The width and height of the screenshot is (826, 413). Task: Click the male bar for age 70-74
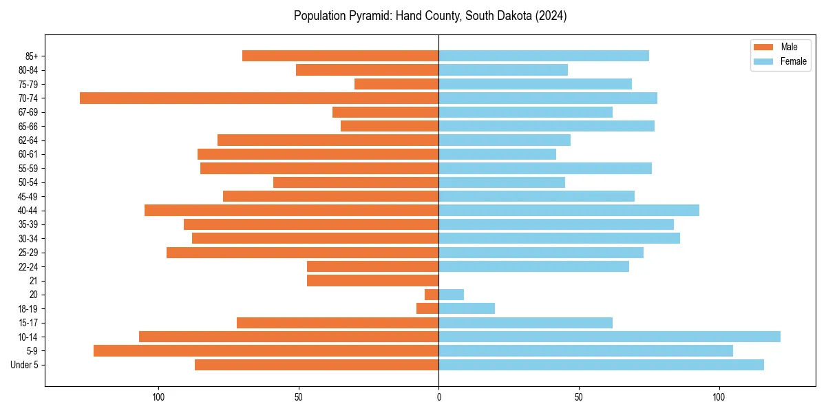click(259, 98)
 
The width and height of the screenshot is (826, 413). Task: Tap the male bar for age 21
click(372, 281)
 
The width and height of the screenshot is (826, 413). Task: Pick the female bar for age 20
click(451, 295)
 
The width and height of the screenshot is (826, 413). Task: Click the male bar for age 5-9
click(266, 351)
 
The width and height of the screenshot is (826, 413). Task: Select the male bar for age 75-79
click(396, 84)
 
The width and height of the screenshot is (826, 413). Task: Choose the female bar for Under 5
click(601, 365)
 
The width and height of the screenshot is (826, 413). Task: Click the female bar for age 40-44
click(569, 211)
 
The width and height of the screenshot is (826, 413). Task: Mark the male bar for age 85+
click(340, 56)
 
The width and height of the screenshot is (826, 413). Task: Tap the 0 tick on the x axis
click(438, 397)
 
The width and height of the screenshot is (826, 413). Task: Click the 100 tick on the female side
click(719, 397)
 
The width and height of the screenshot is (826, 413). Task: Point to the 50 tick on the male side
click(298, 397)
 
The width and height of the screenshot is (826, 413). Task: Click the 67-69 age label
click(28, 112)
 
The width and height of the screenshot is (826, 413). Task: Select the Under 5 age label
click(25, 365)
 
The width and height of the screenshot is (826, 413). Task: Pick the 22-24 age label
click(28, 267)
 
